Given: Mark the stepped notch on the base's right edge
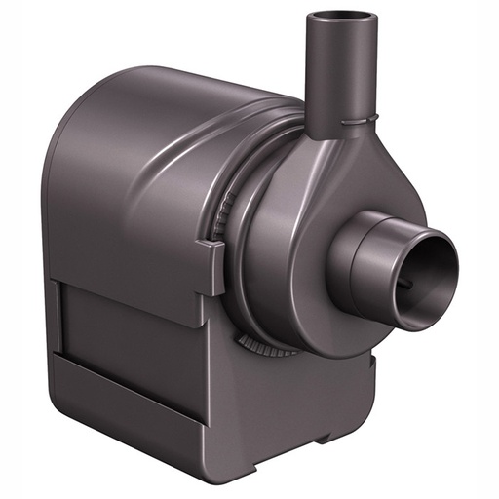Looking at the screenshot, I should click(x=371, y=365).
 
